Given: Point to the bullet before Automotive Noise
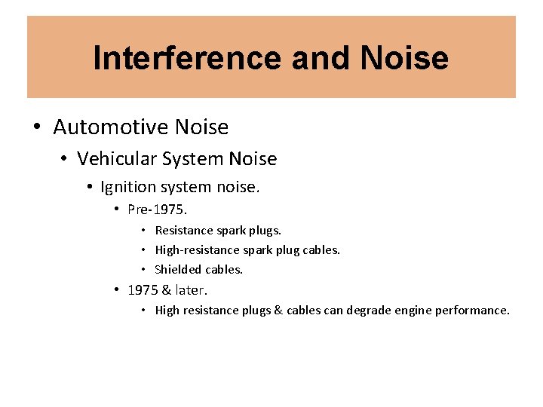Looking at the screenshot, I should point(38,127).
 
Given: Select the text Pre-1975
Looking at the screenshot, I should point(157,209).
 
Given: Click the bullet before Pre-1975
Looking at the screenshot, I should point(117,209).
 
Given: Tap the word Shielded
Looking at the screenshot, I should point(178,269).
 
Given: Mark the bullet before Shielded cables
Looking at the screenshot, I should point(143,269).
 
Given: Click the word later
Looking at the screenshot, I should point(192,289).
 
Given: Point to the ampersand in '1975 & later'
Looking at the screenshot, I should point(167,289).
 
